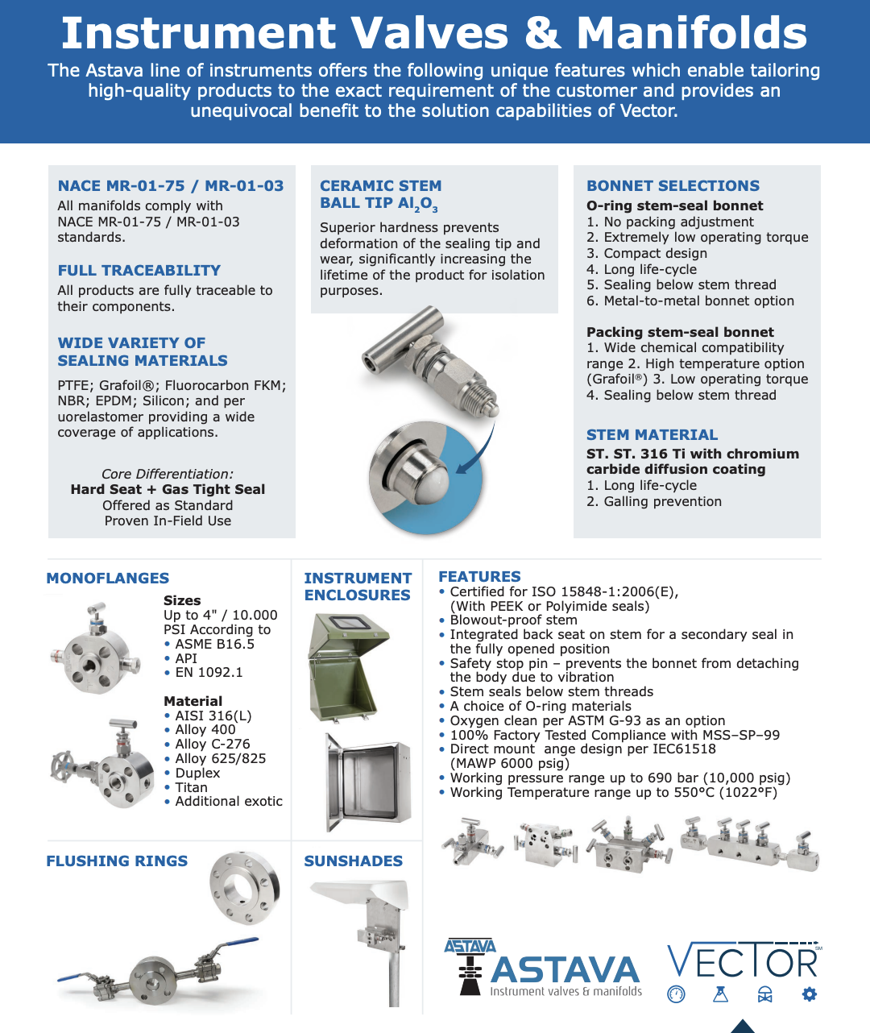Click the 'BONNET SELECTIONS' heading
[673, 185]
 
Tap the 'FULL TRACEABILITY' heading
[139, 270]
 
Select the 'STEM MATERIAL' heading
[652, 434]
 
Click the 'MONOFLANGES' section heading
[107, 578]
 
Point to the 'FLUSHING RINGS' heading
[117, 861]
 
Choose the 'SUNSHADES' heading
[353, 861]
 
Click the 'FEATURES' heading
[479, 576]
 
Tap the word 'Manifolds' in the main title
[691, 34]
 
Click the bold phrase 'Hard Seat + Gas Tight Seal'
[168, 489]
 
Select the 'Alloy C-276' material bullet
[212, 744]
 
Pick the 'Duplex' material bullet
[197, 773]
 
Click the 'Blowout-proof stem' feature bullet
[513, 620]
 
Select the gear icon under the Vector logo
[809, 994]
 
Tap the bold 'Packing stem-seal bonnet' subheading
[680, 332]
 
